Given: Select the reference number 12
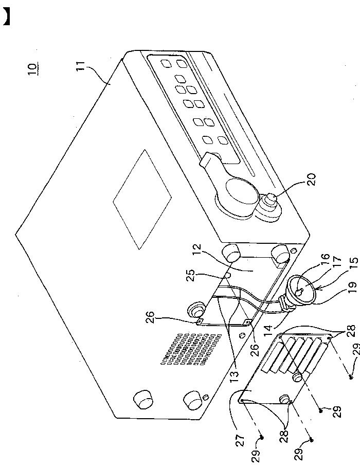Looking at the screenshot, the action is [x=197, y=250].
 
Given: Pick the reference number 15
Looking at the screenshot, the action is [x=354, y=264].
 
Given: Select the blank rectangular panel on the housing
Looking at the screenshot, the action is [x=142, y=199].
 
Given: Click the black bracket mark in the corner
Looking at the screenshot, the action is [x=6, y=16].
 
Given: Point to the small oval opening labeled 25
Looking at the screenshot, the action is [x=227, y=275].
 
